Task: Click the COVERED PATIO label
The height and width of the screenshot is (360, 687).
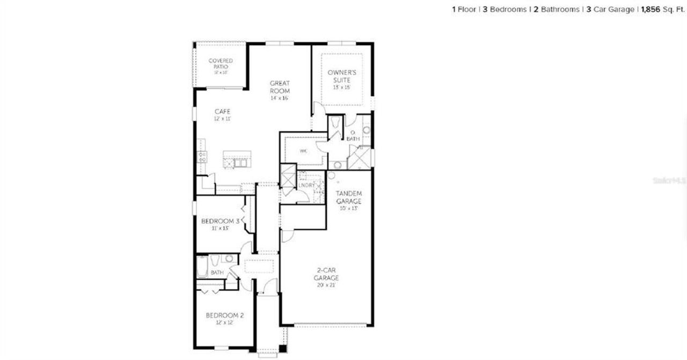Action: click(x=221, y=64)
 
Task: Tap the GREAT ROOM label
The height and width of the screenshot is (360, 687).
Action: click(x=280, y=87)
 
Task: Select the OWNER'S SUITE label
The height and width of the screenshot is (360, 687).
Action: click(x=342, y=76)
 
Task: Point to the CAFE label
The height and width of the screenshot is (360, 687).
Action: click(x=222, y=112)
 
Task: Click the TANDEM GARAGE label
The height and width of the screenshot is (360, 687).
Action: click(x=348, y=196)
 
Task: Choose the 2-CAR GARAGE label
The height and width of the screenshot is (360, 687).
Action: click(x=326, y=274)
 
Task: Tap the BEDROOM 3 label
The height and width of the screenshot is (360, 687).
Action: click(x=220, y=221)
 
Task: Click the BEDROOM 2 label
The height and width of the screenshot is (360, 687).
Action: click(x=225, y=315)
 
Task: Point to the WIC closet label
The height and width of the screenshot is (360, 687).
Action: click(x=303, y=151)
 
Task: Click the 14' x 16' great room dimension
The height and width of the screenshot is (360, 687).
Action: click(x=280, y=99)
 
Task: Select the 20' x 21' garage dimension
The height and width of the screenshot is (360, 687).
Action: click(x=326, y=285)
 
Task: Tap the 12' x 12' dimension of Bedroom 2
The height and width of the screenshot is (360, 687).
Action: click(x=225, y=323)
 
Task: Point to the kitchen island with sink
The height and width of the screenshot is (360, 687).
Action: click(x=236, y=159)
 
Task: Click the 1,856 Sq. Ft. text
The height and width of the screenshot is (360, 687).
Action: click(x=663, y=10)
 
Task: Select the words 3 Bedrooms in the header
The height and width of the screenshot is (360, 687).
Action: click(x=505, y=10)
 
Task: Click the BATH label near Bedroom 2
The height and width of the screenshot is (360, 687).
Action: click(x=217, y=273)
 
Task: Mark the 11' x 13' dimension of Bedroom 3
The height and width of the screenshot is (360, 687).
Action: click(x=220, y=229)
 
